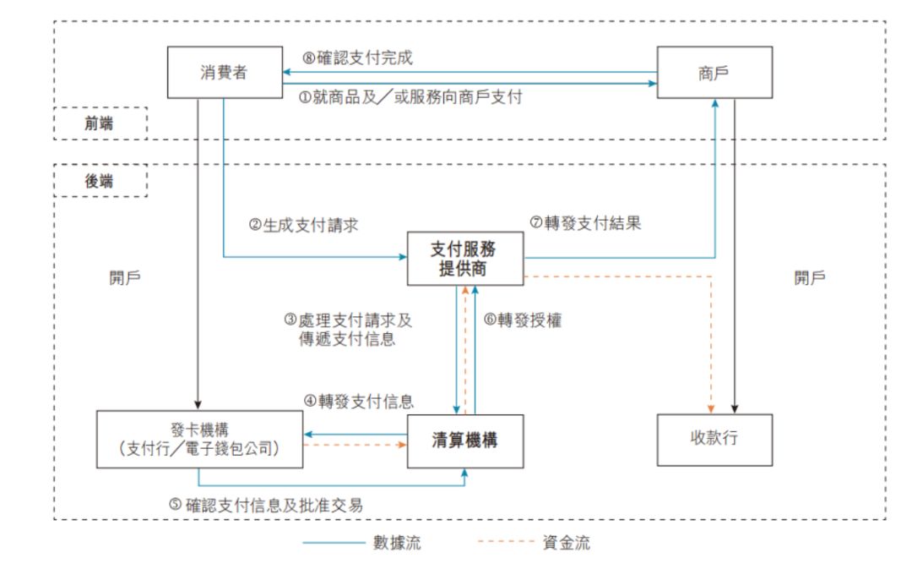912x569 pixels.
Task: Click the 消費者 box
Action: point(224,73)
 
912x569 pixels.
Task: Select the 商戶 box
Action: point(715,73)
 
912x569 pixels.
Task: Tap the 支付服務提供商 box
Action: point(464,259)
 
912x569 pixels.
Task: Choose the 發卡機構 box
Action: point(199,440)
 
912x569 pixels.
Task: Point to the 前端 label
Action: point(100,123)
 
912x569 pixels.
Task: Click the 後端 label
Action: point(100,180)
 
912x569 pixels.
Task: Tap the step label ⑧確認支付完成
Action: point(358,58)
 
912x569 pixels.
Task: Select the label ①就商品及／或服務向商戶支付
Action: point(410,97)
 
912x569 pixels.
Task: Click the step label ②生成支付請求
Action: point(304,226)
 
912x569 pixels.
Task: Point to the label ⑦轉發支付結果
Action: point(585,224)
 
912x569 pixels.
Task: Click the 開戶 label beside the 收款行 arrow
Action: point(810,278)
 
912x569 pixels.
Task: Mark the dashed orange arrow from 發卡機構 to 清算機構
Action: point(355,444)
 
